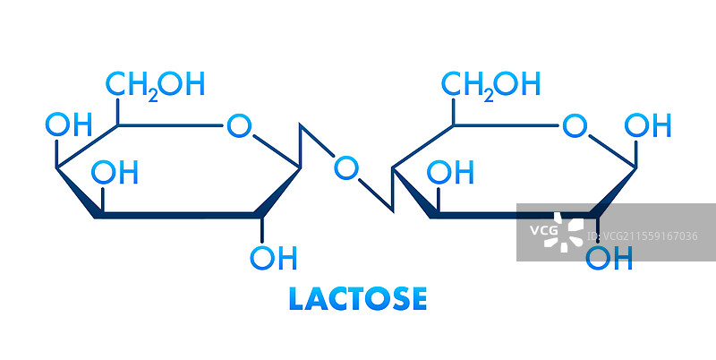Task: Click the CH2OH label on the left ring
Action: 155,84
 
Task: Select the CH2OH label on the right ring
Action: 490,84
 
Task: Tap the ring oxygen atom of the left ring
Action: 237,125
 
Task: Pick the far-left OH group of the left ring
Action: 68,124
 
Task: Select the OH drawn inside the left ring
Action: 116,172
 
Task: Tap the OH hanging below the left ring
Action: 272,258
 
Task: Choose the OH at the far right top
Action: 647,125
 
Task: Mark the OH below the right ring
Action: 609,258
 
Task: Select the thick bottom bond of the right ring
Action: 510,216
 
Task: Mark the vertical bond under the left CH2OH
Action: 117,111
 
